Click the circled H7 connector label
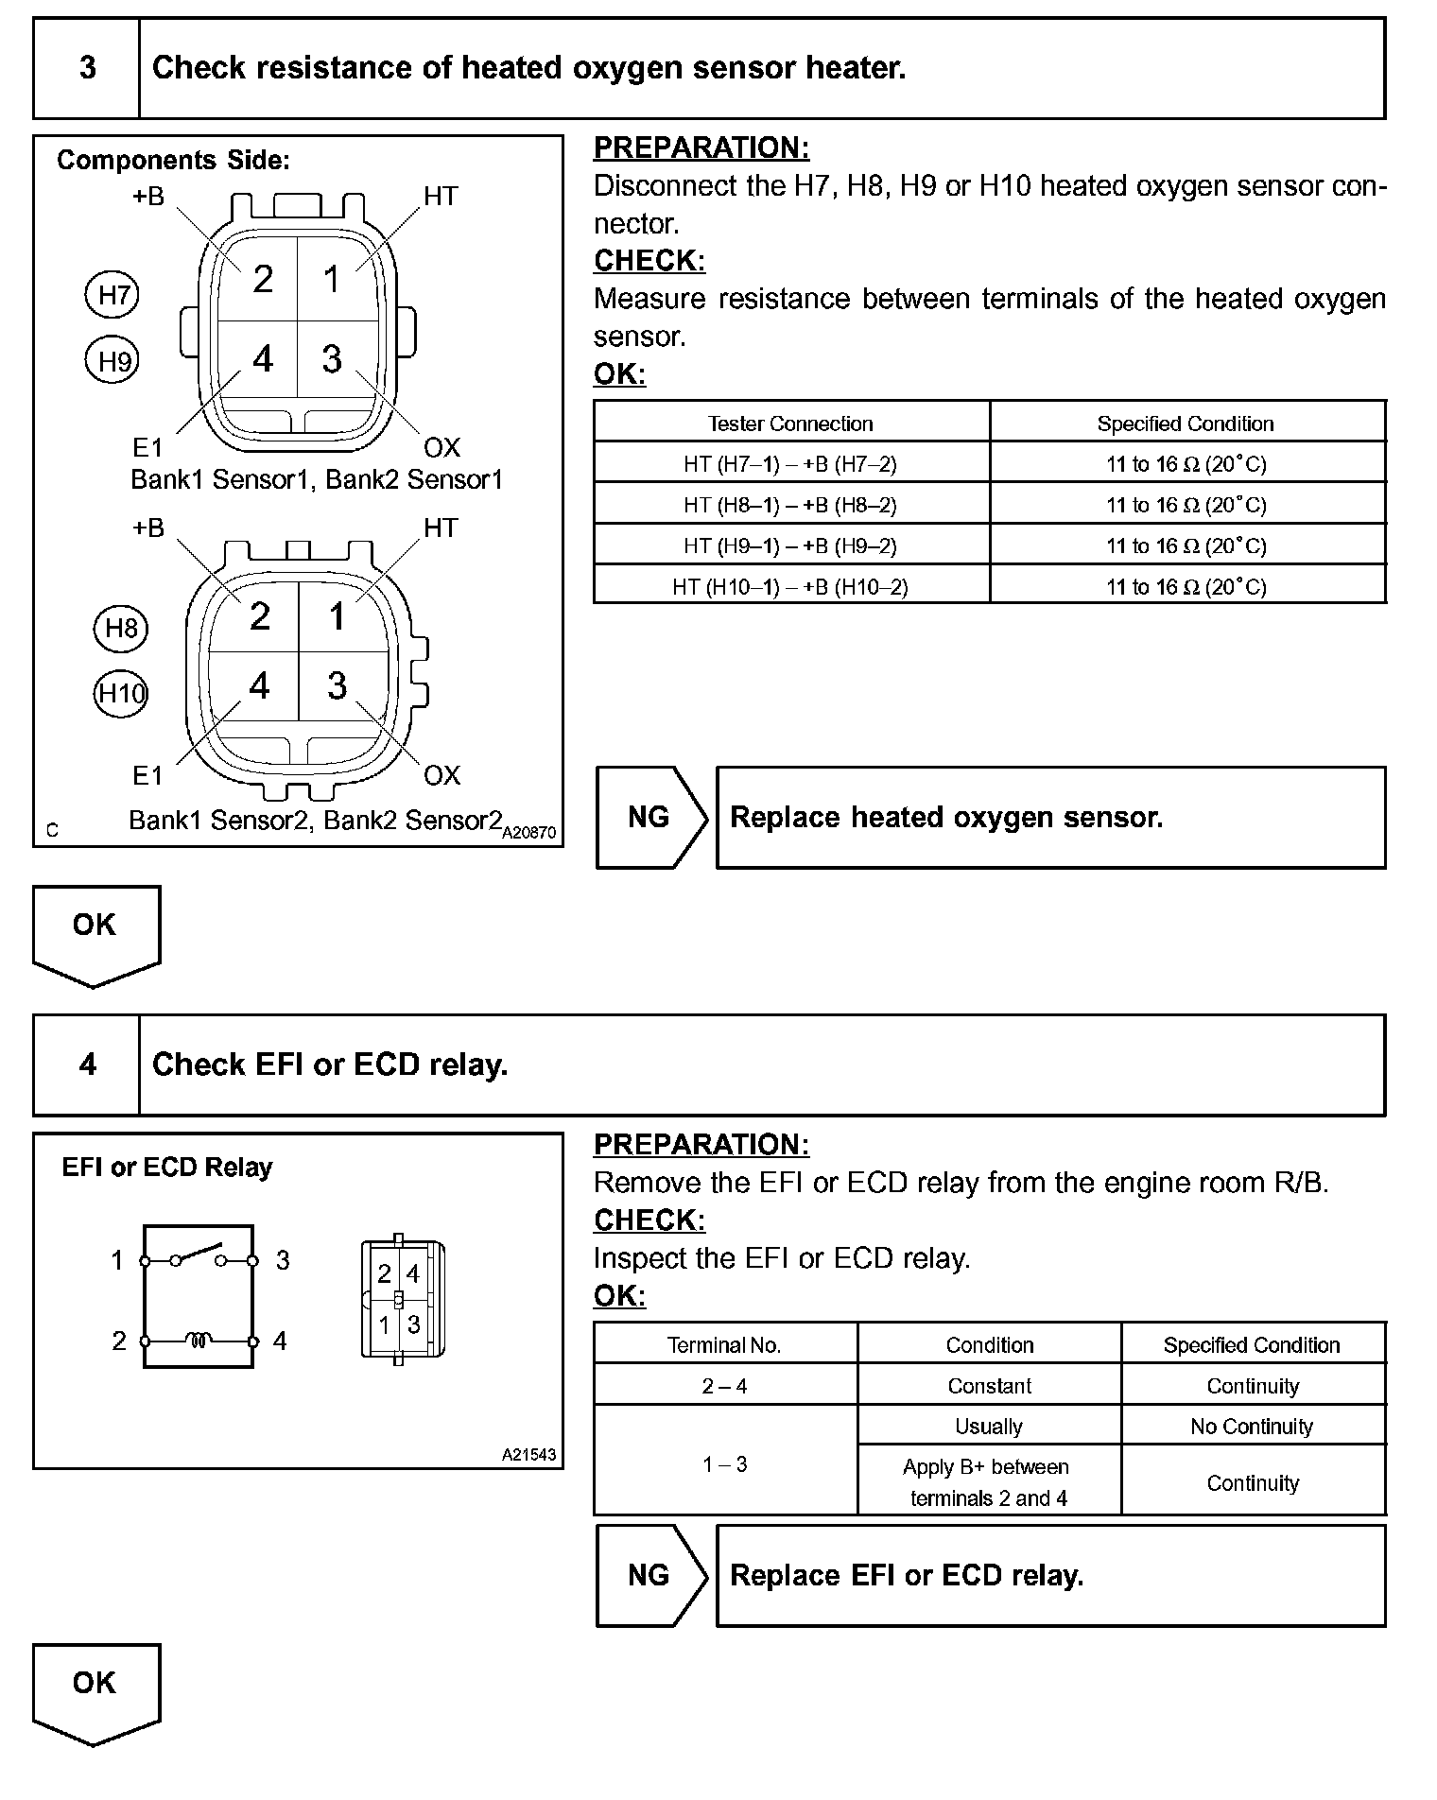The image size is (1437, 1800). click(113, 295)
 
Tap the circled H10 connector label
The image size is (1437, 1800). click(121, 694)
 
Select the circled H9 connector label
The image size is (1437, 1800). click(113, 361)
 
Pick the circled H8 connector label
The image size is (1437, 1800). click(121, 629)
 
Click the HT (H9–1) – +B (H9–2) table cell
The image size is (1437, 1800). click(790, 545)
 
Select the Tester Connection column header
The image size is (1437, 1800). click(790, 424)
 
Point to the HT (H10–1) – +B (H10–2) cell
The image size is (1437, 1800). click(790, 587)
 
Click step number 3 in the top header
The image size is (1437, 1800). click(87, 68)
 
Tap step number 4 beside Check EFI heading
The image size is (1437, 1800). click(87, 1064)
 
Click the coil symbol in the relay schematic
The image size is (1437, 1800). click(199, 1340)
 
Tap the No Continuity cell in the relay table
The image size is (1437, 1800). click(1252, 1426)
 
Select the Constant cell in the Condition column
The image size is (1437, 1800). click(989, 1386)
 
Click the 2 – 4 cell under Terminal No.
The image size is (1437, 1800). click(725, 1386)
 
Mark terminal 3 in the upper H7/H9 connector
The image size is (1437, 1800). click(332, 359)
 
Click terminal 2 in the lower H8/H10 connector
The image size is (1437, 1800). click(260, 616)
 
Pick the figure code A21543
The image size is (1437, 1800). click(528, 1455)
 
